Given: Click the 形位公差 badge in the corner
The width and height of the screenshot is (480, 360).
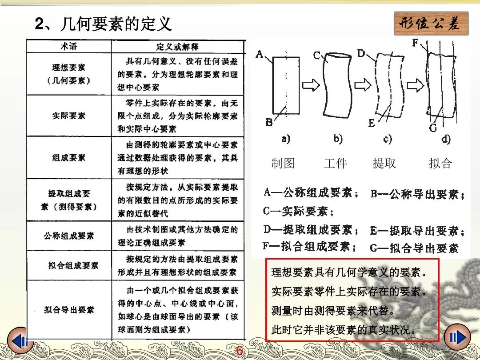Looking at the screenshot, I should click(431, 24).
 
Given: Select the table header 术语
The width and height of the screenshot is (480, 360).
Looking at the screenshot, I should click(68, 46).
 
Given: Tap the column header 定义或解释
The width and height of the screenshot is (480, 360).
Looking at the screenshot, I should click(178, 46).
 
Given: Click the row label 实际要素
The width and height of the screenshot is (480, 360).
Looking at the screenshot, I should click(68, 116).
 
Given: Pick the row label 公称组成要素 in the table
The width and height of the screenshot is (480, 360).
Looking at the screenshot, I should click(68, 236).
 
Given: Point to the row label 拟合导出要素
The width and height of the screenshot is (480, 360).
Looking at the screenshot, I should click(69, 310).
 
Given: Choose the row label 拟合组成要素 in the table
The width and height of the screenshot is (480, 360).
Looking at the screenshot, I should click(73, 266).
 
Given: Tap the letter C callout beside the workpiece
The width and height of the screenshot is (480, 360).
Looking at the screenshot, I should click(317, 55).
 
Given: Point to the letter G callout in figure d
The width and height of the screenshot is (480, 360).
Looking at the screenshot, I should click(432, 128).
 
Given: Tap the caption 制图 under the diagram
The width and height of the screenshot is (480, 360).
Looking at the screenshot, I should click(283, 164).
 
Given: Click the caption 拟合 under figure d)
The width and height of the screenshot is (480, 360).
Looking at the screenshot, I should click(440, 164).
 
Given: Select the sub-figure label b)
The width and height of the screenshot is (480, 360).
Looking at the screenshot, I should click(338, 139).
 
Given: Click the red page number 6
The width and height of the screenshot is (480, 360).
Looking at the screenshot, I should click(240, 351).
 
